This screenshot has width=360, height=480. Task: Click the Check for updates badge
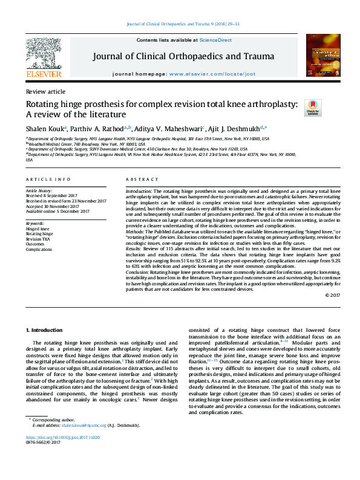(313, 108)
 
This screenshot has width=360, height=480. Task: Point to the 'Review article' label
(45, 91)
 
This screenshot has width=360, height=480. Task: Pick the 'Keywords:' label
(35, 224)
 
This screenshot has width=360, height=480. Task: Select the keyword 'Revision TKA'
(38, 239)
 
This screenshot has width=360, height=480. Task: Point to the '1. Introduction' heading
(46, 329)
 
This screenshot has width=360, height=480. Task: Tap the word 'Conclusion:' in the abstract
(139, 273)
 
